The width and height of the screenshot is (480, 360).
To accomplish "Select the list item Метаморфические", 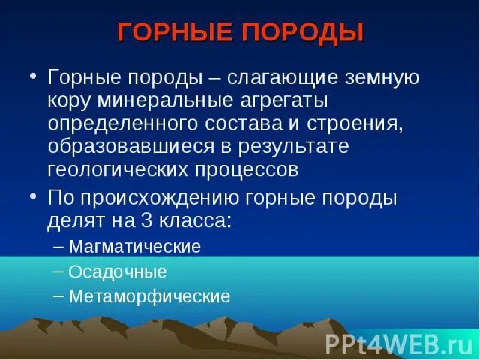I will coord(149,295).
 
